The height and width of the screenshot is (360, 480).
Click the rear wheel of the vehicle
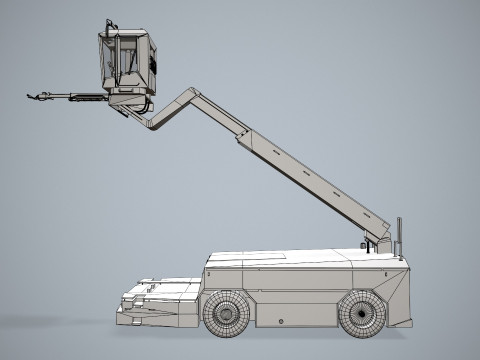[x=362, y=314]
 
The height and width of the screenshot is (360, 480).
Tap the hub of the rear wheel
[x=362, y=315]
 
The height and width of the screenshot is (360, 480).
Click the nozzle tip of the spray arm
[x=33, y=96]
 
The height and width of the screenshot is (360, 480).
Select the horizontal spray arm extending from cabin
[x=75, y=97]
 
